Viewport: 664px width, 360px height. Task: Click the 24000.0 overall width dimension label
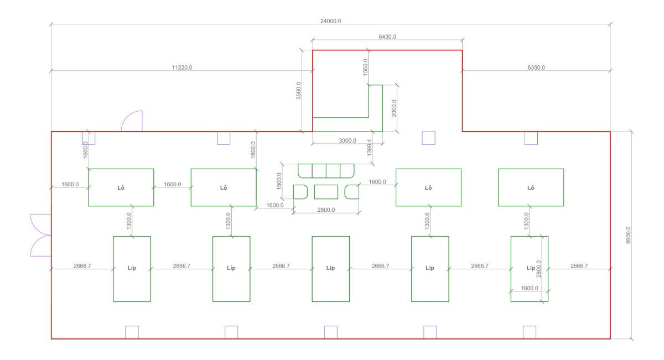coord(331,21)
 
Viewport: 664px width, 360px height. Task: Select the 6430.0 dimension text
coord(387,36)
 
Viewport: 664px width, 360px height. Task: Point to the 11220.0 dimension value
coord(182,67)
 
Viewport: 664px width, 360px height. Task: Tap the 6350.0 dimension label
coord(536,67)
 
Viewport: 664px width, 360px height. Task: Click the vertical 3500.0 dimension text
coord(299,91)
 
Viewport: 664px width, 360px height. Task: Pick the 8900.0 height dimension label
coord(627,235)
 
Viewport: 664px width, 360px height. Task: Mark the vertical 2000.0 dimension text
coord(393,108)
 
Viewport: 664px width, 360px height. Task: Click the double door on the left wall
coord(40,235)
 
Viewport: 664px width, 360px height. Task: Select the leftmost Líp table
coord(132,269)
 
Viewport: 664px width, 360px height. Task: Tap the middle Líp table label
coord(330,268)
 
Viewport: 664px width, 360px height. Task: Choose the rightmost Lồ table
coord(531,187)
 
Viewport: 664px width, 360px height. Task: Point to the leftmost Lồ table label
coord(121,187)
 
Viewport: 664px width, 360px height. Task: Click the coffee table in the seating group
coord(326,191)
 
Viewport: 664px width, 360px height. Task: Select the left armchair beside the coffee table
coord(300,191)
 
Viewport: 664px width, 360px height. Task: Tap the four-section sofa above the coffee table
coord(326,170)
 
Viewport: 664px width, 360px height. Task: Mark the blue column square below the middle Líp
coord(330,332)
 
